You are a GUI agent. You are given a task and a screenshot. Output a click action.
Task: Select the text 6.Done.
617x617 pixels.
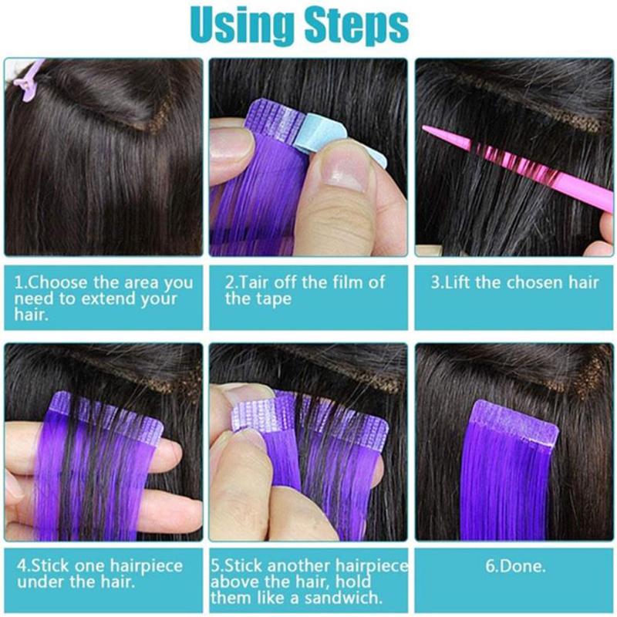(516, 565)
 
